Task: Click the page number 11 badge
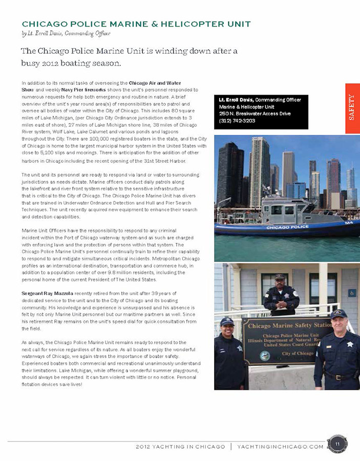pos(337,444)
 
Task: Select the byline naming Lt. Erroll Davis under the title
pos(66,34)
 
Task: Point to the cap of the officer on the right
pos(338,313)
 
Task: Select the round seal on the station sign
pos(264,355)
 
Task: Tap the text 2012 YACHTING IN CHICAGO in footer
pos(180,447)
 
